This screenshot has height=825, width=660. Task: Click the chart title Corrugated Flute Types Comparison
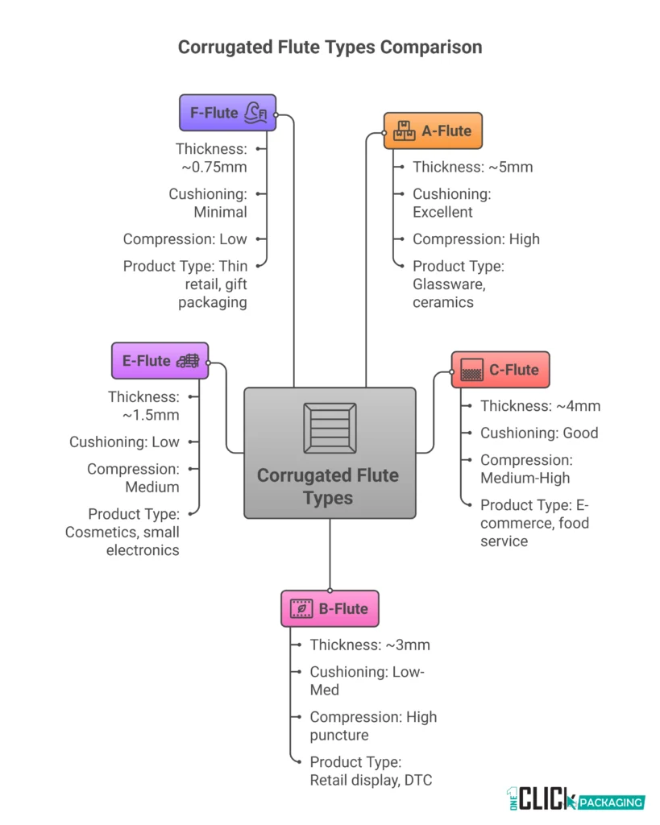point(330,48)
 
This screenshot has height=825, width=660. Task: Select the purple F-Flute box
point(227,113)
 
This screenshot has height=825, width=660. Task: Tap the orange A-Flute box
point(433,131)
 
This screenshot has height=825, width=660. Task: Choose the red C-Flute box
point(500,371)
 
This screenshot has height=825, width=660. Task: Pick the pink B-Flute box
point(330,609)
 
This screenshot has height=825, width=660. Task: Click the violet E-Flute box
point(160,361)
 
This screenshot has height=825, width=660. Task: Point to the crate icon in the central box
point(330,428)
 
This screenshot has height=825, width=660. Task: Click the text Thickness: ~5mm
point(472,168)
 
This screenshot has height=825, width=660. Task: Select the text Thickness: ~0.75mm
point(211,158)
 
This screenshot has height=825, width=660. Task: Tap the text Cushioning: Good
point(539,433)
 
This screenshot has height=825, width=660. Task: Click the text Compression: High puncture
point(373,726)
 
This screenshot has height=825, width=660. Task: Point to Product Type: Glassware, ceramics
point(458,284)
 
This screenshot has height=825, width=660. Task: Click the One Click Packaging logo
point(575,798)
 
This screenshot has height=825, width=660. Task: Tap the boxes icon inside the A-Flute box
point(405,131)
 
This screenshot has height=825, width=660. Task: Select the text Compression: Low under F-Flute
point(185,239)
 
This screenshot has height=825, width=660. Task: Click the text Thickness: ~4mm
point(540,407)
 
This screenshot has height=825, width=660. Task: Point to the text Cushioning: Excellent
point(451,203)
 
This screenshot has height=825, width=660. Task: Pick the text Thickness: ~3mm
point(370,645)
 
